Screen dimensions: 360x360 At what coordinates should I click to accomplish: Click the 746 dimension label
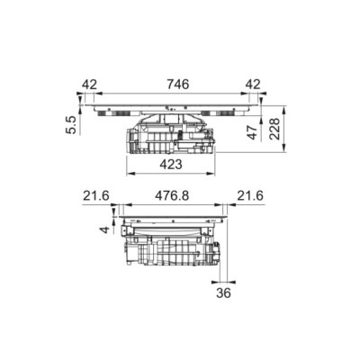[x=178, y=85]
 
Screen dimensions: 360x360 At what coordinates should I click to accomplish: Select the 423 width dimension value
[x=171, y=165]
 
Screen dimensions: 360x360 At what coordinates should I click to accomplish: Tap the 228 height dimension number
[x=274, y=129]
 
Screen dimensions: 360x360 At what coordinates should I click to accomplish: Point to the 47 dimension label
[x=252, y=132]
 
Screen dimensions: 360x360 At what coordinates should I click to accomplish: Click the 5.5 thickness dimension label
[x=71, y=125]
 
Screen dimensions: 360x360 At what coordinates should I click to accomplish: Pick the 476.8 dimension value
[x=172, y=196]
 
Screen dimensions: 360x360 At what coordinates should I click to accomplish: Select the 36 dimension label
[x=223, y=292]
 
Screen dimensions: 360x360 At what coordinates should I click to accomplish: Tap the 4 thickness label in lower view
[x=104, y=230]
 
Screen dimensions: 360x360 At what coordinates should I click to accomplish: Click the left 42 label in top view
[x=89, y=85]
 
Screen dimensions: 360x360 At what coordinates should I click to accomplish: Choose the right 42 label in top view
[x=253, y=85]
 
